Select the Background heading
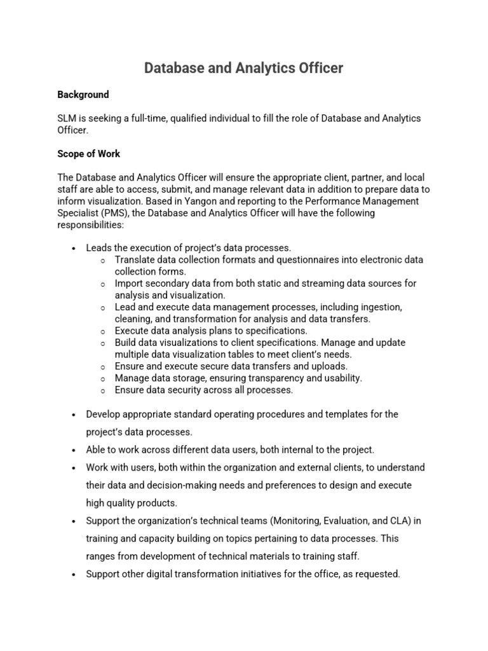pyautogui.click(x=83, y=95)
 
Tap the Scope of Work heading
pyautogui.click(x=88, y=154)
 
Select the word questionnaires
pyautogui.click(x=283, y=259)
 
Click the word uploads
pyautogui.click(x=329, y=366)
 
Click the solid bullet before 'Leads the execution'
pyautogui.click(x=74, y=248)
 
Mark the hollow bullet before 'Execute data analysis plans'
pyautogui.click(x=103, y=331)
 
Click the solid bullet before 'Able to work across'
pyautogui.click(x=74, y=450)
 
